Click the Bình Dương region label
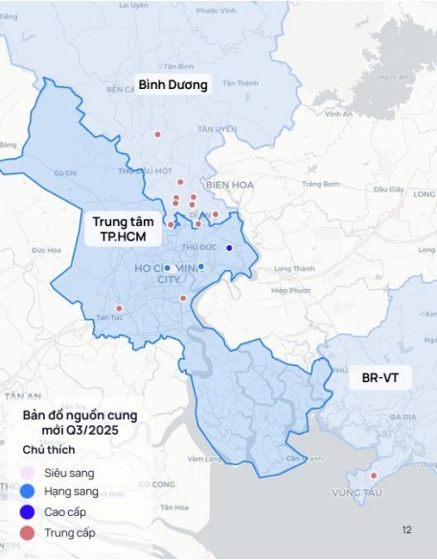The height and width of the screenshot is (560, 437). pyautogui.click(x=172, y=84)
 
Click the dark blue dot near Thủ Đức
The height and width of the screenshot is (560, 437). pyautogui.click(x=229, y=248)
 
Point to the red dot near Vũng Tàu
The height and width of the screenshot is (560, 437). pyautogui.click(x=374, y=476)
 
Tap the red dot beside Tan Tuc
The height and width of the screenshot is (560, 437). pyautogui.click(x=119, y=308)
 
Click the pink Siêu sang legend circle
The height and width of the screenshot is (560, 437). pyautogui.click(x=29, y=473)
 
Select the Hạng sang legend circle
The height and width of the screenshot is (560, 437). pyautogui.click(x=29, y=492)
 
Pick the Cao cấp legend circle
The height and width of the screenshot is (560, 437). pyautogui.click(x=29, y=512)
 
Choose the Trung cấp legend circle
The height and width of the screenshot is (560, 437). pyautogui.click(x=29, y=532)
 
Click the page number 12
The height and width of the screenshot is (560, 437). pyautogui.click(x=407, y=529)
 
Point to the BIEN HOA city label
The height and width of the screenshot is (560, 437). pyautogui.click(x=227, y=185)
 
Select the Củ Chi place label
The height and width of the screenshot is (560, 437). pyautogui.click(x=65, y=173)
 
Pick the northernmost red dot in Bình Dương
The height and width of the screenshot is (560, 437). pyautogui.click(x=158, y=133)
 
